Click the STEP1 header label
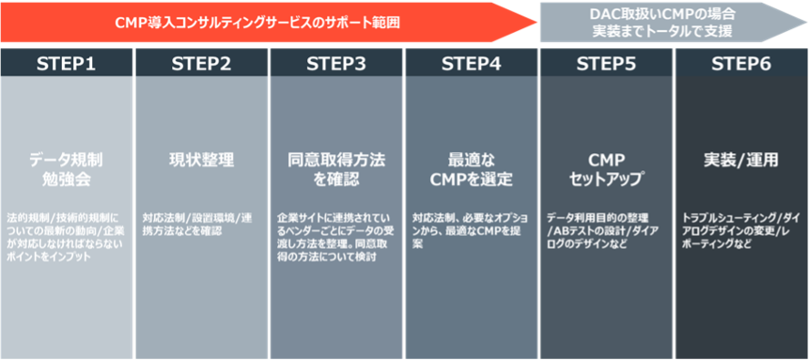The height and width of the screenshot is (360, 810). pyautogui.click(x=67, y=64)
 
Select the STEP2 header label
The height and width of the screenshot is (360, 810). pyautogui.click(x=201, y=64)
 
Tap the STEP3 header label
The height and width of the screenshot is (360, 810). pyautogui.click(x=336, y=64)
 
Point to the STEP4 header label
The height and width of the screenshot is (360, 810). pyautogui.click(x=471, y=64)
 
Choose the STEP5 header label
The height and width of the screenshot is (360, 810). pyautogui.click(x=606, y=64)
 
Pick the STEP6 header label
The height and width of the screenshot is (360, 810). pyautogui.click(x=741, y=64)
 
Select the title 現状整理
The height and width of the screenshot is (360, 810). pyautogui.click(x=201, y=160)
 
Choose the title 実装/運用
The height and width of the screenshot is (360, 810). pyautogui.click(x=741, y=160)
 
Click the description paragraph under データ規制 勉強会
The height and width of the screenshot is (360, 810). pyautogui.click(x=67, y=238)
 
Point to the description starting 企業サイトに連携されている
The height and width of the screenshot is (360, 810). pyautogui.click(x=335, y=238)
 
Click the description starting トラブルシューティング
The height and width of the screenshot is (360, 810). pyautogui.click(x=740, y=231)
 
